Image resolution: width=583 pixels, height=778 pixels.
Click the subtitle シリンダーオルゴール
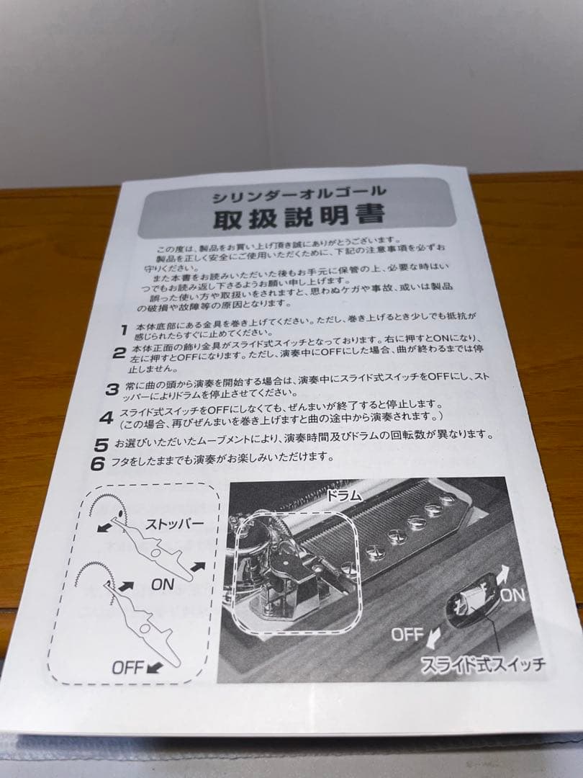tap(299, 192)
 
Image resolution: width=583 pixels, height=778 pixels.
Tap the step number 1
tap(125, 328)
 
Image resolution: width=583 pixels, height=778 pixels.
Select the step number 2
tap(119, 353)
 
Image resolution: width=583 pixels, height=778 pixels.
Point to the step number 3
tap(112, 390)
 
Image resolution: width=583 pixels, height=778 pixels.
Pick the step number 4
tap(107, 417)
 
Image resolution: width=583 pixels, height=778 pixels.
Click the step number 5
tap(102, 444)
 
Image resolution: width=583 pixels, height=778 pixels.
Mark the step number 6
tap(98, 463)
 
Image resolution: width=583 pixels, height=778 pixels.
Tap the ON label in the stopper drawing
tap(163, 584)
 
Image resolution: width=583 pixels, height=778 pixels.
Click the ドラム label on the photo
tap(343, 496)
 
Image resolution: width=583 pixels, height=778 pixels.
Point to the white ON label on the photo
tap(513, 594)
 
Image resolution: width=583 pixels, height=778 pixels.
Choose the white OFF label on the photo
tap(407, 635)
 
